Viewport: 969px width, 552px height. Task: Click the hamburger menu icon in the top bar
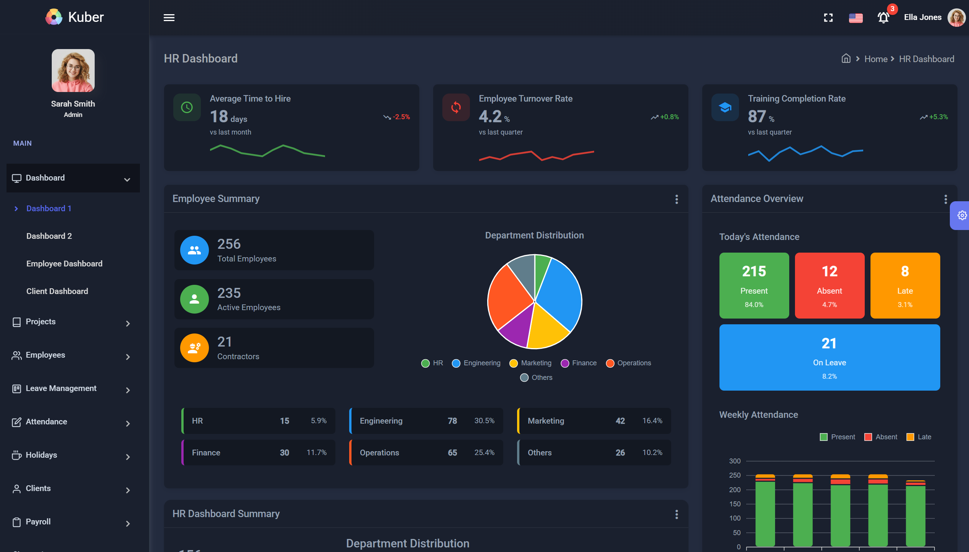pos(169,18)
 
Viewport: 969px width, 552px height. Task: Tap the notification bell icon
pos(883,18)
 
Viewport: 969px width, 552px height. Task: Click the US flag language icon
pos(856,18)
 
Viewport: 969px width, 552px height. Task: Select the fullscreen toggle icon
pos(828,18)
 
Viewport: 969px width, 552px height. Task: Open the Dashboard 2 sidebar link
pos(49,236)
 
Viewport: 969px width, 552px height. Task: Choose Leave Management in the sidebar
pos(61,388)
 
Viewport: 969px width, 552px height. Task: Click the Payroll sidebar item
pos(38,522)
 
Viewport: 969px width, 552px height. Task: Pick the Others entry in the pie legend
pos(537,378)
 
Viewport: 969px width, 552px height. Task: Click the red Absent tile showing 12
pos(829,285)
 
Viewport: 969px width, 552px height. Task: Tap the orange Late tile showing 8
pos(905,285)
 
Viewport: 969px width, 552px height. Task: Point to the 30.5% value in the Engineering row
pos(484,421)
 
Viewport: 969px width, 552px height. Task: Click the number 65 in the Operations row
pos(452,453)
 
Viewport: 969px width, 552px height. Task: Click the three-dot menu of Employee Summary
pos(677,199)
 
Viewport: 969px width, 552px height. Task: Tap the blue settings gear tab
pos(962,215)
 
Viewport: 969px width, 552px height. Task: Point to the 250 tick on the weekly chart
pos(735,475)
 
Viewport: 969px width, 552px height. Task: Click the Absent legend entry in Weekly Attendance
pos(881,437)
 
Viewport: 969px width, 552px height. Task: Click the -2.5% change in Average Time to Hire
pos(401,117)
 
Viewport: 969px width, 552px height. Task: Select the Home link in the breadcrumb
pos(876,59)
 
